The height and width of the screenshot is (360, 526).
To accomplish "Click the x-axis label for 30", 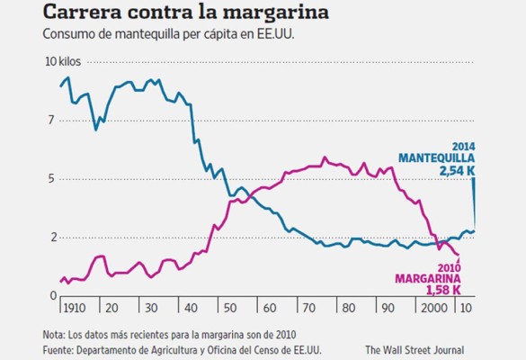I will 150,307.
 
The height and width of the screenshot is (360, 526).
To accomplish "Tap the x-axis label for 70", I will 308,307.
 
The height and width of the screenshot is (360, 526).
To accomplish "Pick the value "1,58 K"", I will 442,291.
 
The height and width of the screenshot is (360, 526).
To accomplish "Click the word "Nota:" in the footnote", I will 56,334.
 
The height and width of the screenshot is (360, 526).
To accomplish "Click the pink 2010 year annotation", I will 449,267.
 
